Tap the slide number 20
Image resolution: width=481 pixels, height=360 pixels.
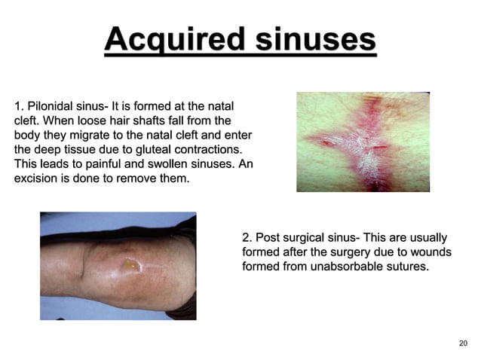pos(463,343)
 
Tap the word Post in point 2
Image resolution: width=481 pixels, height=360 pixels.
pos(268,236)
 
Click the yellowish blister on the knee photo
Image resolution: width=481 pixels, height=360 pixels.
pos(131,264)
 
